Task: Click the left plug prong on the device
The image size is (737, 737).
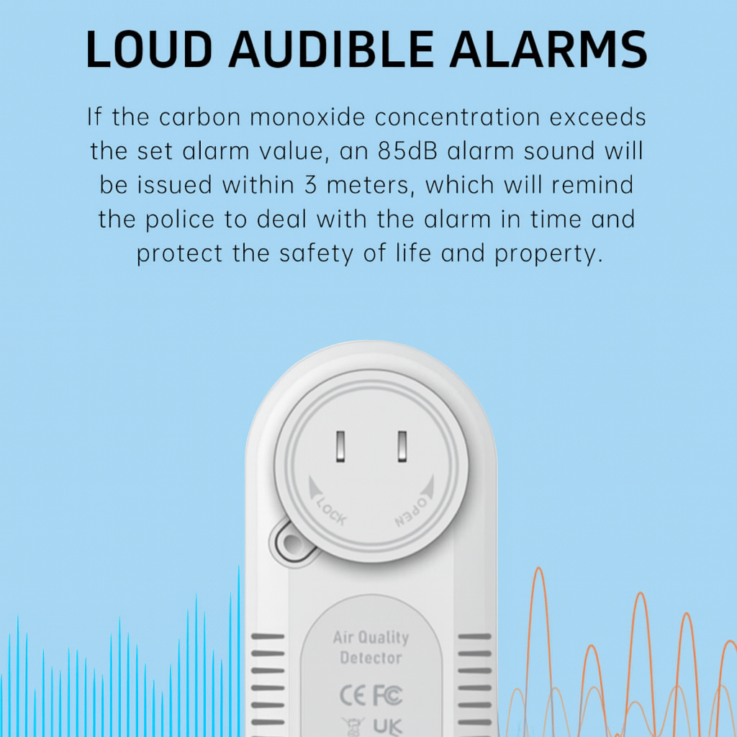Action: click(341, 446)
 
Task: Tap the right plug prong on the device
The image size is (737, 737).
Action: click(402, 446)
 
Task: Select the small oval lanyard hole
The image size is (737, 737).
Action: click(293, 541)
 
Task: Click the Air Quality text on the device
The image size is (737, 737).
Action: click(371, 638)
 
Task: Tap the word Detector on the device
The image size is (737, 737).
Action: click(371, 657)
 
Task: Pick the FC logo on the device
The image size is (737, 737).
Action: click(387, 696)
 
